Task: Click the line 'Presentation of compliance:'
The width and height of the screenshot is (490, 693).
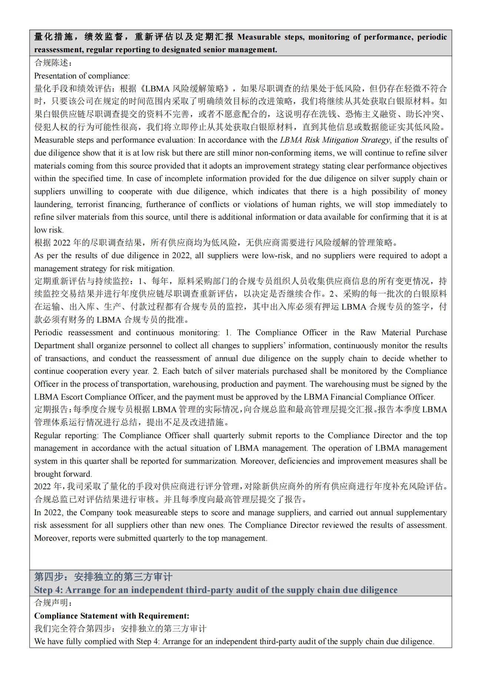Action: click(82, 76)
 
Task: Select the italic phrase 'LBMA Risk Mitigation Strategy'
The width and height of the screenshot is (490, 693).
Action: click(335, 140)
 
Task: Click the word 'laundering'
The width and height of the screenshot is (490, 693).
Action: click(53, 204)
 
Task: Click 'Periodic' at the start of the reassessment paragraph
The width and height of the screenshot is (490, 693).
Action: click(49, 333)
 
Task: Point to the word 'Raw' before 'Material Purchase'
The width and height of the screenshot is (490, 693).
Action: click(368, 333)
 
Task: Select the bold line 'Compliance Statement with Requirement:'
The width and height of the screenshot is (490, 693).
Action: click(111, 616)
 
